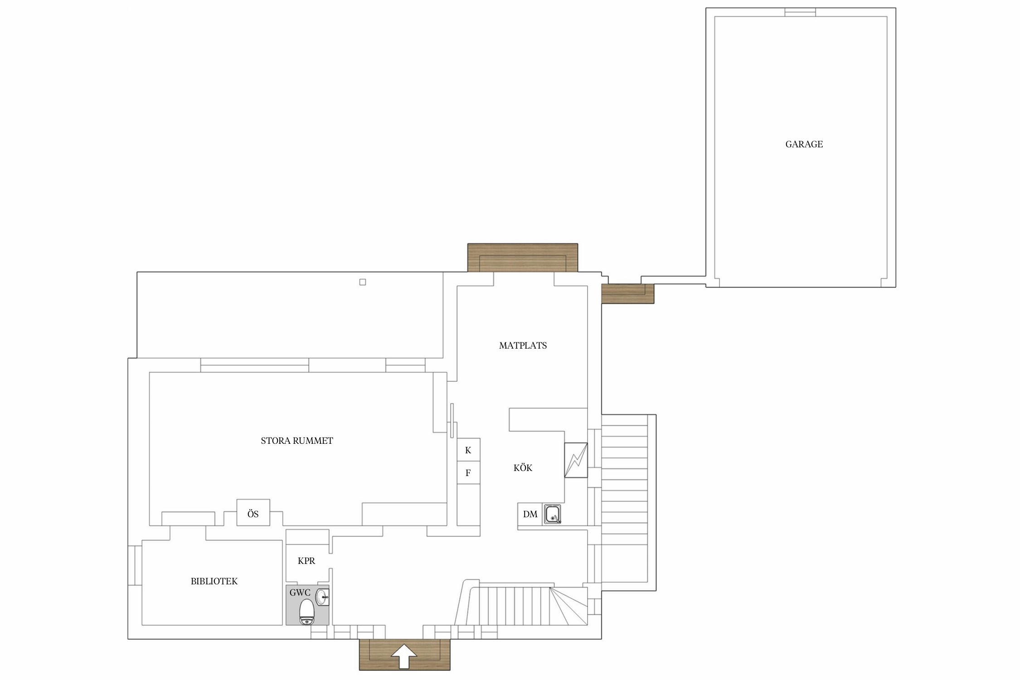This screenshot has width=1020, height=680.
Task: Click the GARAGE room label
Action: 804,144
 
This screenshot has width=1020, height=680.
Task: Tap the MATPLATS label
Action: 523,345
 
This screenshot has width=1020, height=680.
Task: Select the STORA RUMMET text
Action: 297,441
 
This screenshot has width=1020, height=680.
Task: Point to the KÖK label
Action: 523,468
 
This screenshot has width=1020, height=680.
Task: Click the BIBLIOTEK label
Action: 214,581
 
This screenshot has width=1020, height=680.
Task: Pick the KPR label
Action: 306,561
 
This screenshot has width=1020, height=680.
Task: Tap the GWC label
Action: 300,593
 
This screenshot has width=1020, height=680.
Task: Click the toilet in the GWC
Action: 307,612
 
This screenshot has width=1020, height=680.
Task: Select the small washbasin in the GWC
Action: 322,597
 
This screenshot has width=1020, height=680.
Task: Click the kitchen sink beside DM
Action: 553,514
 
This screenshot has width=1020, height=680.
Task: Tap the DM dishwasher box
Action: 530,514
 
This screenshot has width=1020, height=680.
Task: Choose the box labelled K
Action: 468,450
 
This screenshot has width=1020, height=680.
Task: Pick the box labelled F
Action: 468,473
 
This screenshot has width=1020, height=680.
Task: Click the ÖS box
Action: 253,512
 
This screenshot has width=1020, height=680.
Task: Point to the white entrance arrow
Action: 404,657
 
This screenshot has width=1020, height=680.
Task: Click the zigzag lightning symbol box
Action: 576,460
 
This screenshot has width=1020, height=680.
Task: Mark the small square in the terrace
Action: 363,282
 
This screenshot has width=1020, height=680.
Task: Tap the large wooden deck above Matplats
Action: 523,257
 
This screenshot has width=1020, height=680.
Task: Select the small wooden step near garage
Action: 628,293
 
